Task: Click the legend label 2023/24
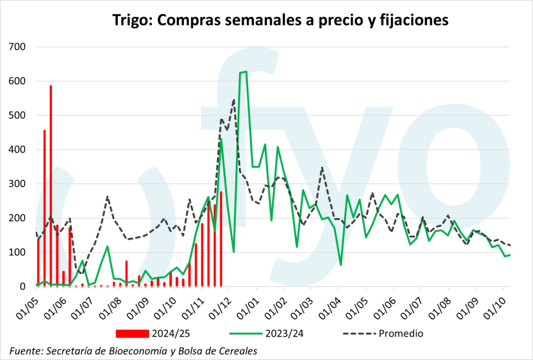pos(280,332)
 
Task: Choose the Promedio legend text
pos(400,332)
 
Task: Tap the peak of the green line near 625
pos(245,72)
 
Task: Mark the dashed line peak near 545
pos(234,100)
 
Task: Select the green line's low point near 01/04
pos(341,265)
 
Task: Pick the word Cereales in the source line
pos(238,350)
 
